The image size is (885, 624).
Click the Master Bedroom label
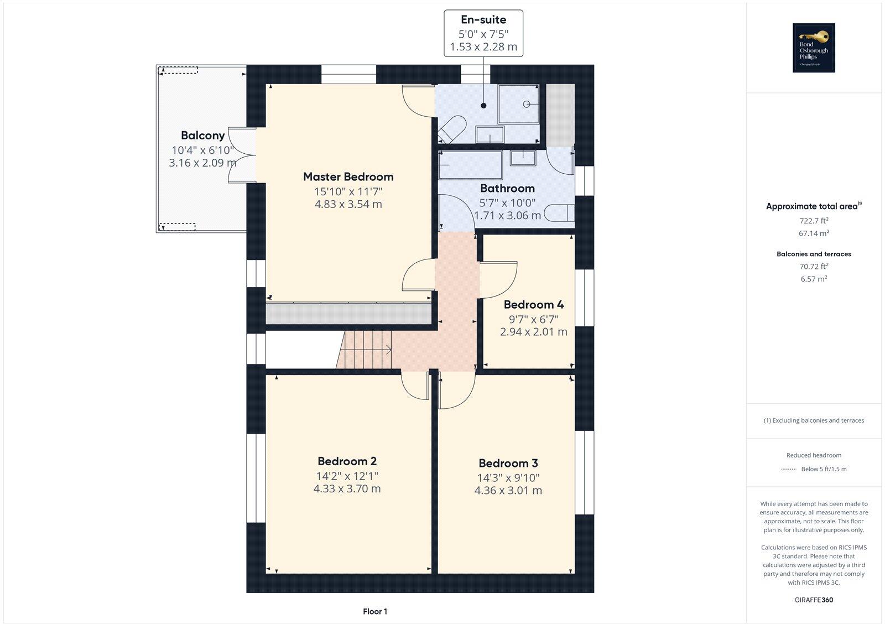click(348, 177)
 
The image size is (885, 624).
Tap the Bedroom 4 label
click(533, 305)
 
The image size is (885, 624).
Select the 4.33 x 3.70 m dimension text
click(347, 489)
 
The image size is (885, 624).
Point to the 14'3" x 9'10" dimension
click(508, 478)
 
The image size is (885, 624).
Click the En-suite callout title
click(483, 20)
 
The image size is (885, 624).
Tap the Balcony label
click(202, 136)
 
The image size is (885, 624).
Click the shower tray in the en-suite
click(518, 104)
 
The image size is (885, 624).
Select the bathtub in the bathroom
click(470, 164)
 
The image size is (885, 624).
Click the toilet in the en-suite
click(451, 129)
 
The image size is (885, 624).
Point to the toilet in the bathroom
click(560, 213)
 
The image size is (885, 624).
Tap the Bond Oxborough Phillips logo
click(813, 48)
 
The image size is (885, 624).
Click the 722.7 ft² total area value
click(813, 220)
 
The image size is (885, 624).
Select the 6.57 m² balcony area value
click(813, 279)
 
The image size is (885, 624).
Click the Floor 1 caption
click(375, 611)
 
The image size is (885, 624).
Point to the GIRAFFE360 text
click(813, 600)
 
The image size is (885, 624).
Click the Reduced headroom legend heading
click(813, 455)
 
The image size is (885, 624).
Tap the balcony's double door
click(242, 155)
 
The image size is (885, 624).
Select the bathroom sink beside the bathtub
click(523, 158)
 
